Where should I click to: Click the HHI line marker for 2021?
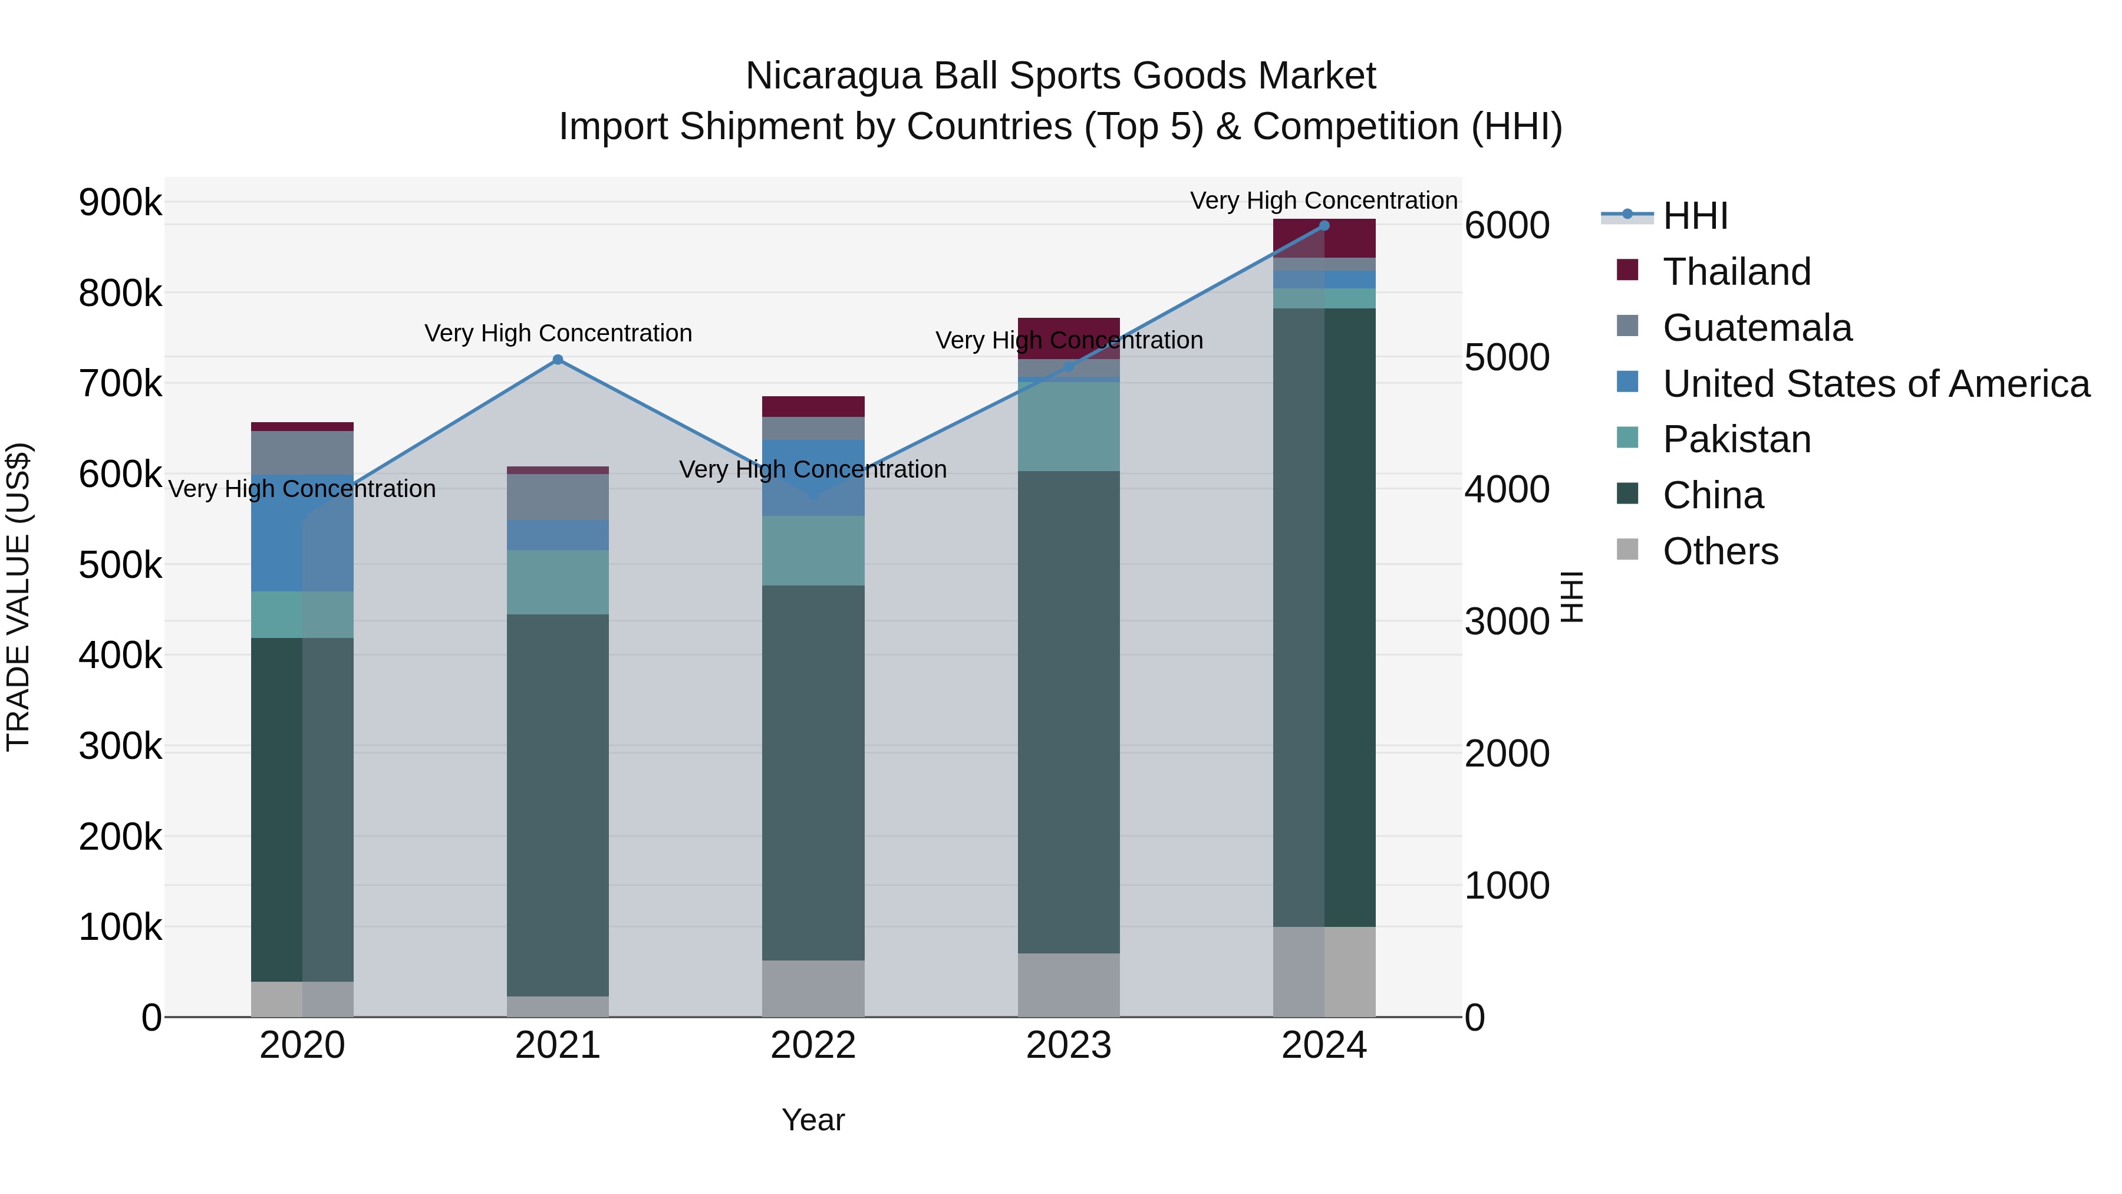point(558,359)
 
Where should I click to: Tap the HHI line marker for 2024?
point(1324,225)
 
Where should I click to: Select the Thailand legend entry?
point(1737,272)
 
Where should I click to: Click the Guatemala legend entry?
point(1757,328)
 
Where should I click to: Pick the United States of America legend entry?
point(1875,384)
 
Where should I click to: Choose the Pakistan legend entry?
point(1737,440)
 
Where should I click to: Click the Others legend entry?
point(1720,551)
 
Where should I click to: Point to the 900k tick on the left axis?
point(120,202)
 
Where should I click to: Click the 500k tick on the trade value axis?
point(120,565)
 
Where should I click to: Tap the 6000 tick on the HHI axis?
point(1507,226)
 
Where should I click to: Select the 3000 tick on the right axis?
point(1507,621)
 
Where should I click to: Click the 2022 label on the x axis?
point(813,1045)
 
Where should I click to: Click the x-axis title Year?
point(813,1120)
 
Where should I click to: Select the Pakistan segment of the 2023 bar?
point(1069,426)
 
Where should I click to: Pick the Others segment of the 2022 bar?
point(813,988)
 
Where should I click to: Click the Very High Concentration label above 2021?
point(558,334)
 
